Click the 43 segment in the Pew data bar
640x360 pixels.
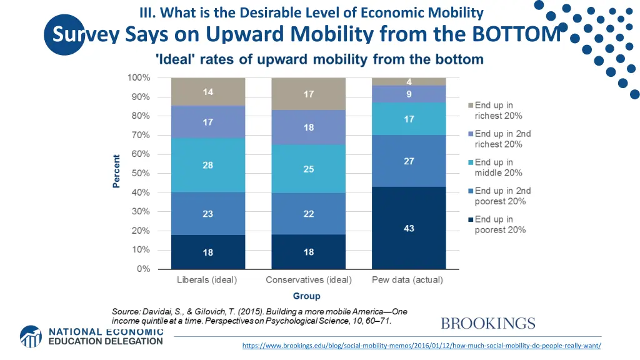409,228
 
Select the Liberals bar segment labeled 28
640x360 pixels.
207,164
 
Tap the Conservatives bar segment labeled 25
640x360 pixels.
308,169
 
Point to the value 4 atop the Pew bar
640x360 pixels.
409,82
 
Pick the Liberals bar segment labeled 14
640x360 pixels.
207,92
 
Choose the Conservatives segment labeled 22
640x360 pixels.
308,214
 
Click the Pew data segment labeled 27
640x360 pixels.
409,161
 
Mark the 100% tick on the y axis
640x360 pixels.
138,77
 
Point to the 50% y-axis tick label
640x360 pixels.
140,173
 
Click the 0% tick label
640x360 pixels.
143,269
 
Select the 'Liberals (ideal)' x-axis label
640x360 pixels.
207,280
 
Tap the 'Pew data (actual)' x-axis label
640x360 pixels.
407,280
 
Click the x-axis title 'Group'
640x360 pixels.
307,296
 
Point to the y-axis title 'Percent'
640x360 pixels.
116,171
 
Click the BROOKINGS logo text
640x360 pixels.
487,324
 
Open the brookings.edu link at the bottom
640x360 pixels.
421,346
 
